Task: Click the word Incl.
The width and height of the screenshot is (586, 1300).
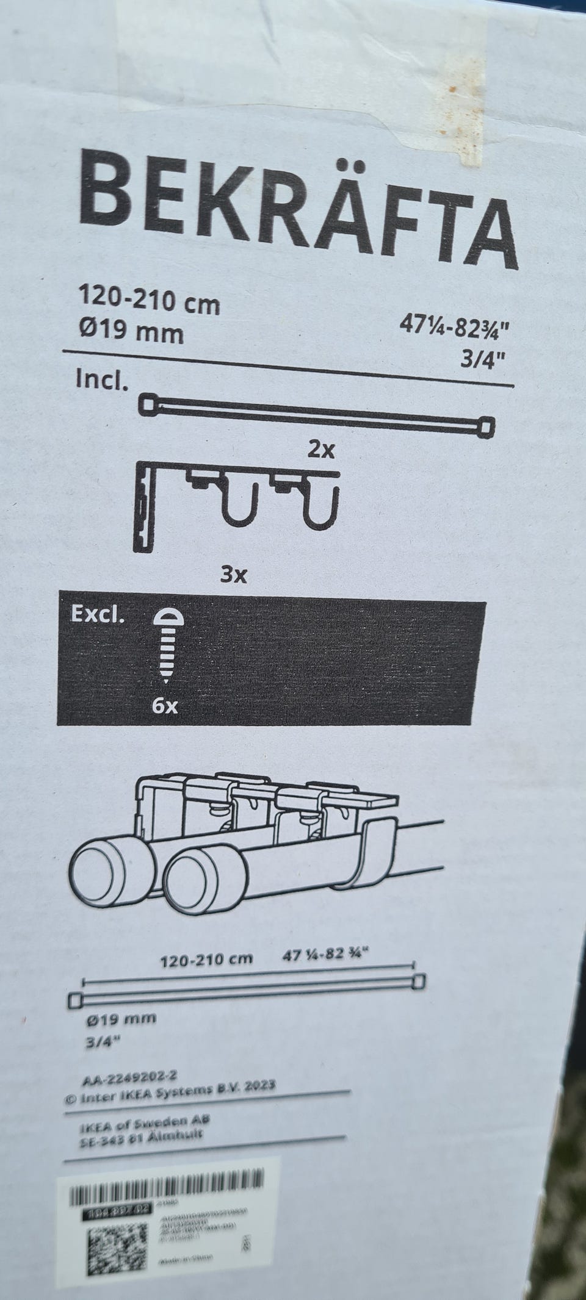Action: pyautogui.click(x=102, y=381)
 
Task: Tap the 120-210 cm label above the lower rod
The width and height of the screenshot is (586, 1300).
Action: pyautogui.click(x=206, y=959)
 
